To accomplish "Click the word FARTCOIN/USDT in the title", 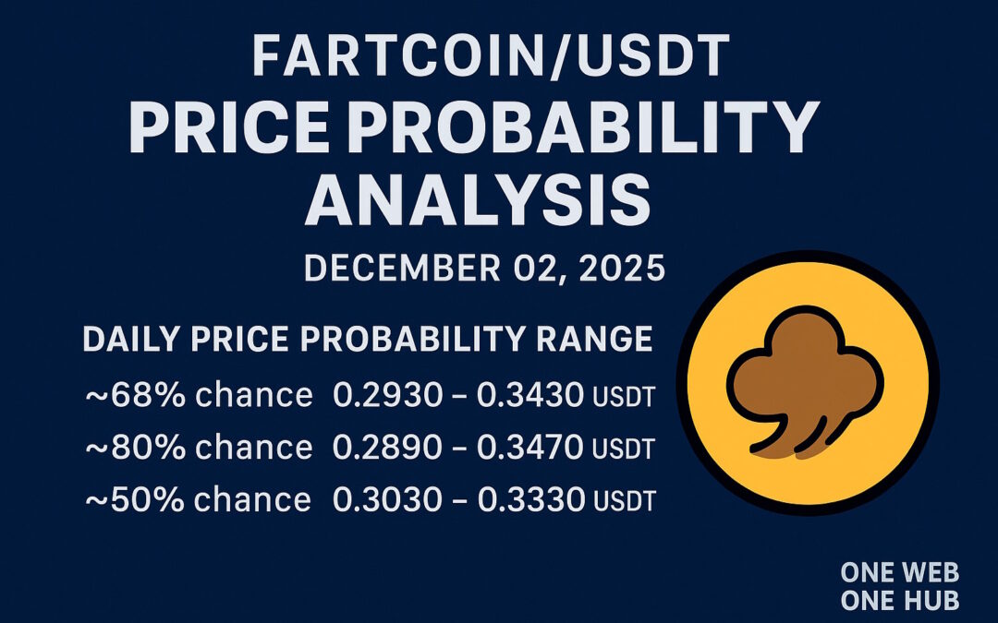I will [x=489, y=58].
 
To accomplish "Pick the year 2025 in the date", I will [x=621, y=269].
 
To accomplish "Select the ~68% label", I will [x=121, y=396].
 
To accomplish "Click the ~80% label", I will [x=121, y=449].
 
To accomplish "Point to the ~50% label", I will [x=121, y=500].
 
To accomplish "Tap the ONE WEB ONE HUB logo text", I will [x=898, y=586].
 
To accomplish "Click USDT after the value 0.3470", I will [x=623, y=450].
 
